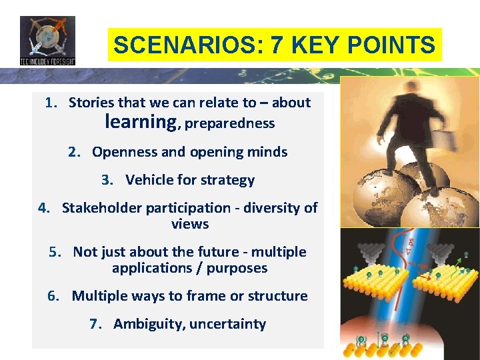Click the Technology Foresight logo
pos(47,40)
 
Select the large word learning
pos(140,122)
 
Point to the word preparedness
pos(229,123)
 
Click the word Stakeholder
pos(103,208)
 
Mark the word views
pos(190,224)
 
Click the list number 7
pos(95,324)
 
